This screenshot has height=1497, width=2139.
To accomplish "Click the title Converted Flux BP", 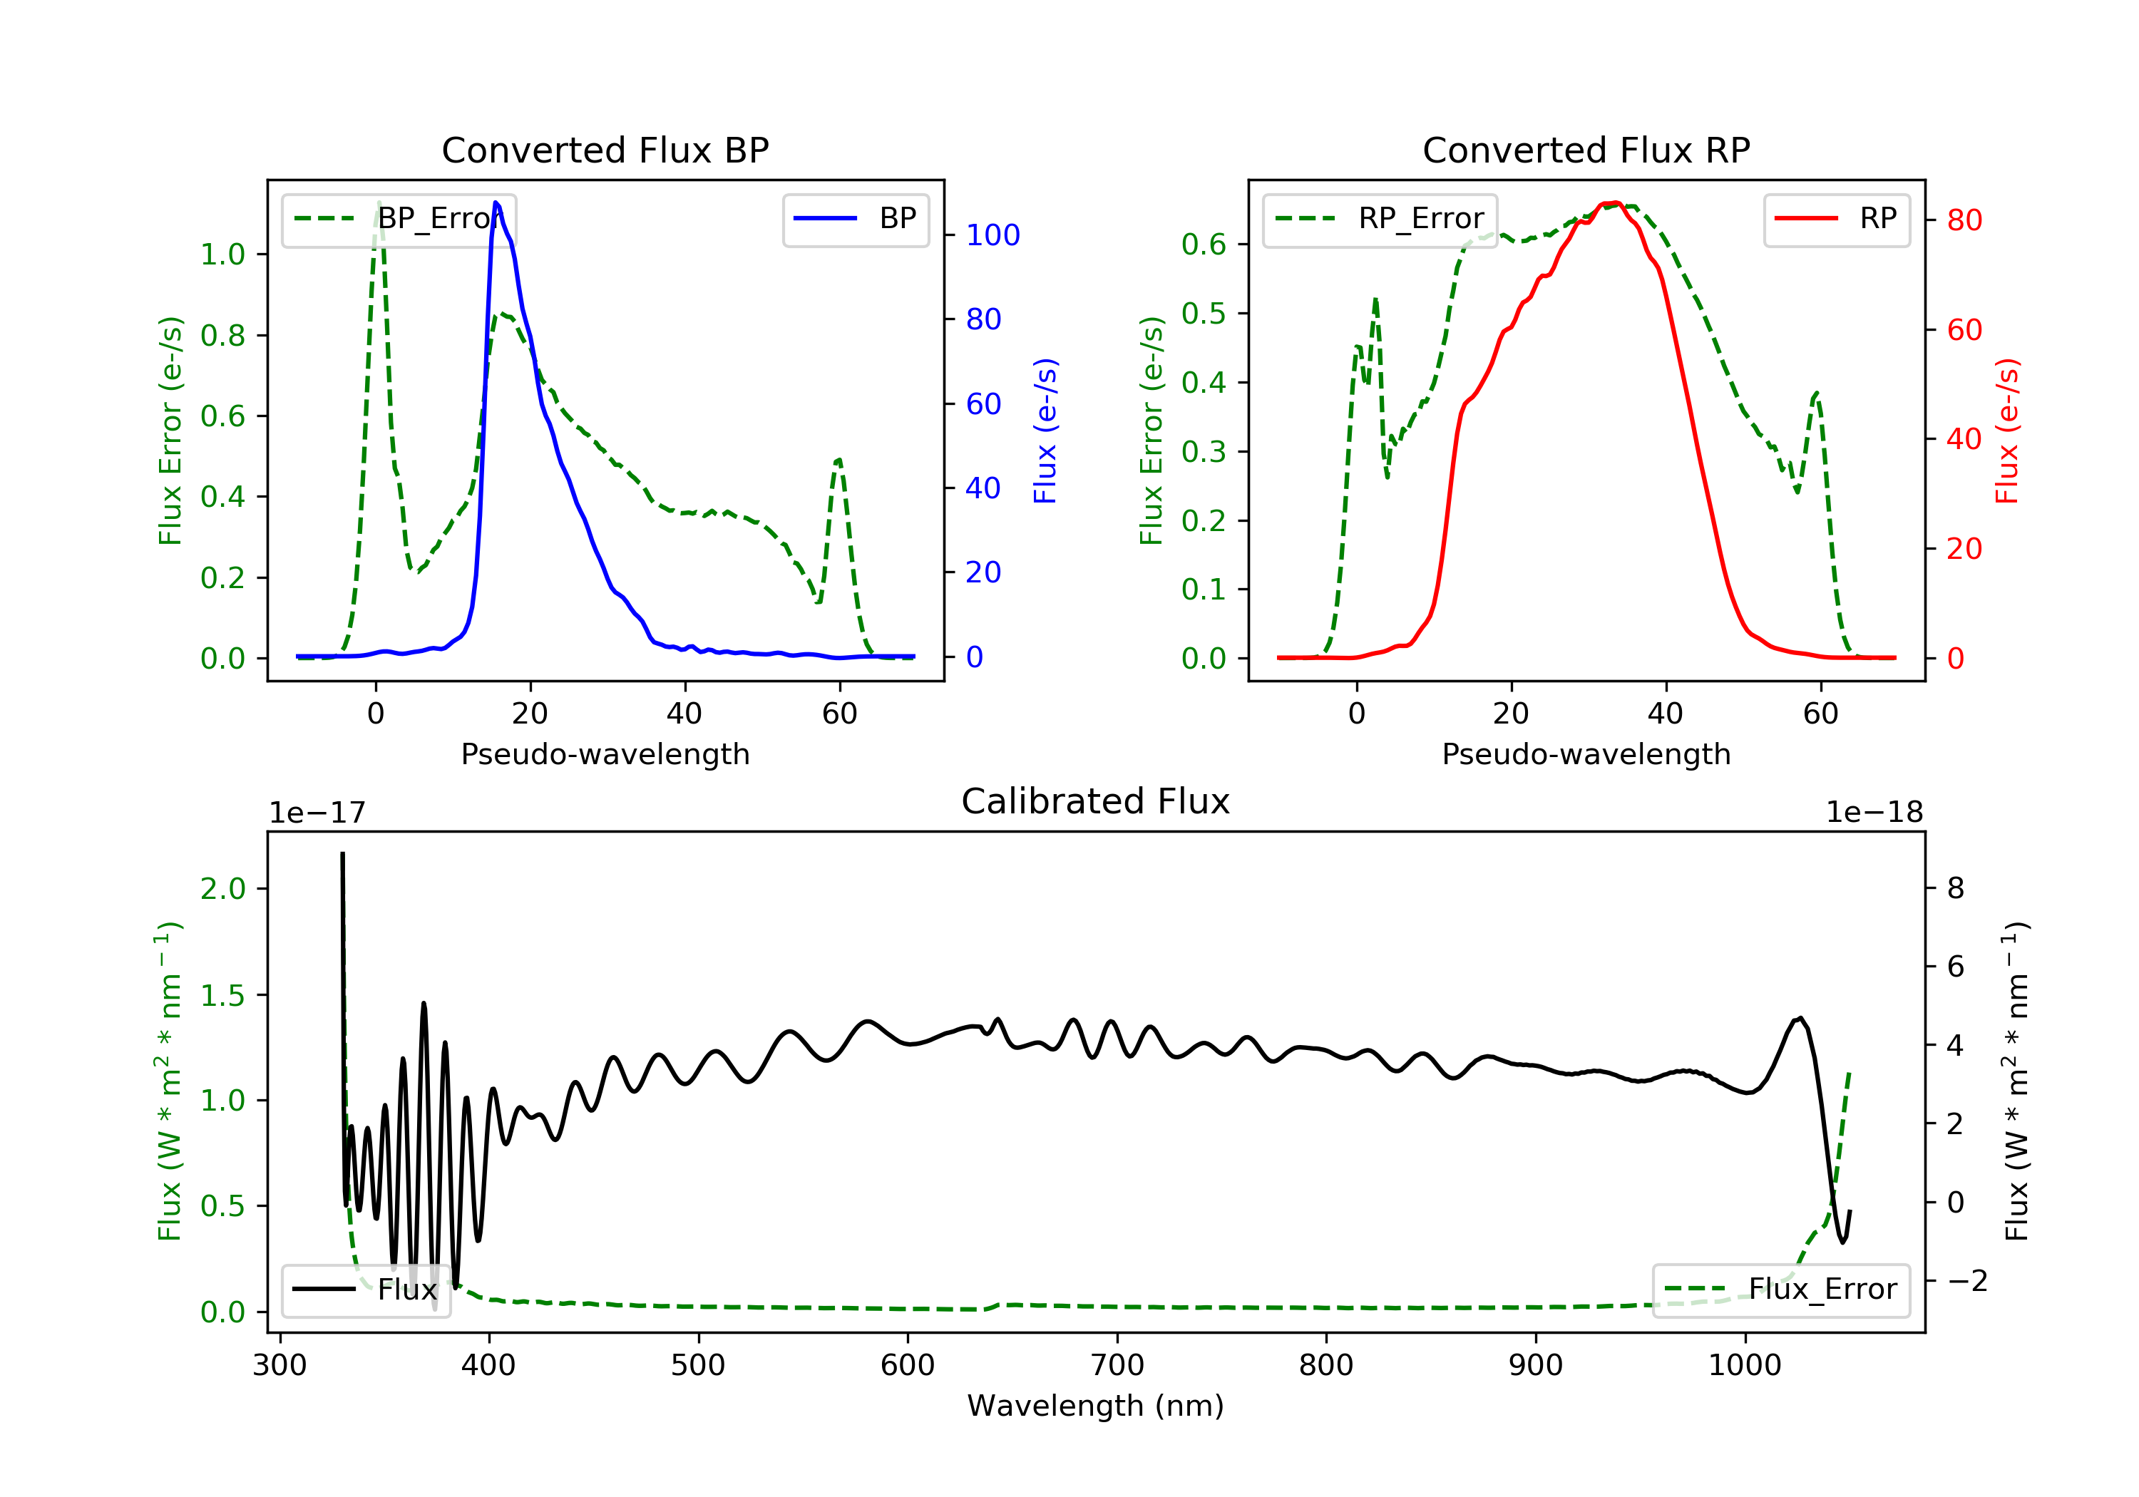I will [x=605, y=150].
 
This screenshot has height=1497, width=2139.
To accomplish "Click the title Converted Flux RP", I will [x=1586, y=150].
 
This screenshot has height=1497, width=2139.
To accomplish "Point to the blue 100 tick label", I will [x=992, y=236].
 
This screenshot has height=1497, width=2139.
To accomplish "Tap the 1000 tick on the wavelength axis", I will [x=1744, y=1366].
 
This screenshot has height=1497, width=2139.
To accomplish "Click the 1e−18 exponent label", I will [x=1874, y=813].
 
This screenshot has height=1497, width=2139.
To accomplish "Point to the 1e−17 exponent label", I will [x=318, y=813].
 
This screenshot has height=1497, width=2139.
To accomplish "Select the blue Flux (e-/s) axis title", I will [x=1045, y=431].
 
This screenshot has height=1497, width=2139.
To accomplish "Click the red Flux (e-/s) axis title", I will [x=2006, y=431].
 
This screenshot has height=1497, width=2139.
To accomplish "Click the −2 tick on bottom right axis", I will [x=1966, y=1281].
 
